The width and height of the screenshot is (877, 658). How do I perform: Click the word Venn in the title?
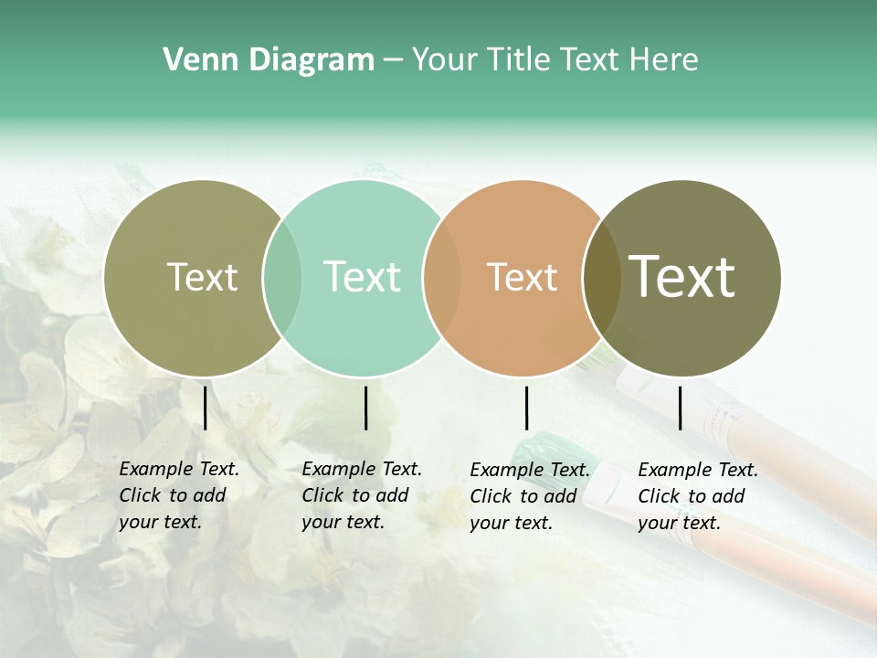tap(196, 60)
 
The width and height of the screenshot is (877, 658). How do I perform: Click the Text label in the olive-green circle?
tap(202, 277)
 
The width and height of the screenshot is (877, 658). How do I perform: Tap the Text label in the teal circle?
tap(362, 277)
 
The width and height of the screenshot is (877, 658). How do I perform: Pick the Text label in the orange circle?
tap(522, 278)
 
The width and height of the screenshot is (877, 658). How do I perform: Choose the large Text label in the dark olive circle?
tap(682, 276)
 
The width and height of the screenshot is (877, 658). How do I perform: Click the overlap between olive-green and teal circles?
tap(282, 278)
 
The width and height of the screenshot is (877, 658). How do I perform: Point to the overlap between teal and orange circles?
tap(442, 278)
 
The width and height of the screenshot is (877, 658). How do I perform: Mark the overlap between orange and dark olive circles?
tap(600, 278)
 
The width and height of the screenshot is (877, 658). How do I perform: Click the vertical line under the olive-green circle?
tap(205, 408)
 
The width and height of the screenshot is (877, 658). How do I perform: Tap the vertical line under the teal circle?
tap(365, 408)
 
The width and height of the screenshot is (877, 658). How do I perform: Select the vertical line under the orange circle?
tap(526, 408)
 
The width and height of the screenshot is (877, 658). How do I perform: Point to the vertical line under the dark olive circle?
tap(680, 408)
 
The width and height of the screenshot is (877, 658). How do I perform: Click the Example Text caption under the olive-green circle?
tap(179, 495)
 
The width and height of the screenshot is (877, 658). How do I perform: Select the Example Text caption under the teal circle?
tap(362, 495)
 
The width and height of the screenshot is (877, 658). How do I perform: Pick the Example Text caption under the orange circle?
tap(530, 496)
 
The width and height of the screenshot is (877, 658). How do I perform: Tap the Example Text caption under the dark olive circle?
tap(698, 496)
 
